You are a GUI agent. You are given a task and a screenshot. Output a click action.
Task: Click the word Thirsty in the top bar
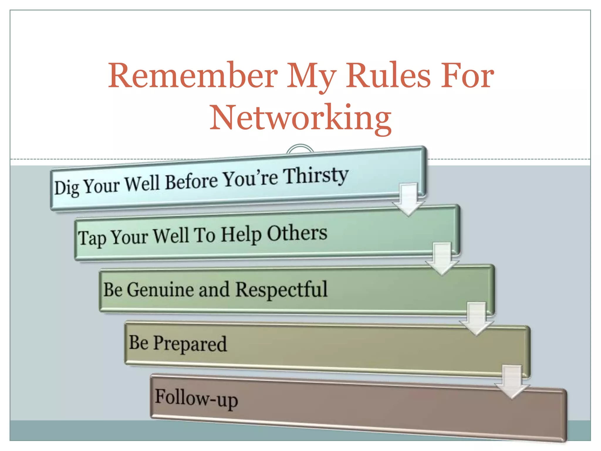tap(316, 176)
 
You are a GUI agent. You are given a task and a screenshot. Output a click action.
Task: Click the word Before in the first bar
tap(191, 181)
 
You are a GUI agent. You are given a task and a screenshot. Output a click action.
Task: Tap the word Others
tap(297, 234)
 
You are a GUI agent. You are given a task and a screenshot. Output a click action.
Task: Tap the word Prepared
tap(190, 344)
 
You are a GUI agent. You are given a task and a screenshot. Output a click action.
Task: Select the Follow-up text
tap(196, 398)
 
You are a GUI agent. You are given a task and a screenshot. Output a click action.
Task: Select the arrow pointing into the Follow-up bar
tap(512, 382)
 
